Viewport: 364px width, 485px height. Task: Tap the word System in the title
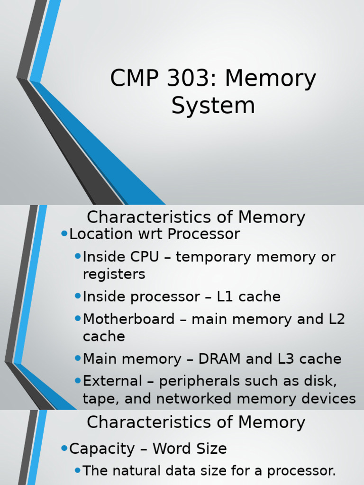213,106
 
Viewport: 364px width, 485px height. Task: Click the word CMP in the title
131,79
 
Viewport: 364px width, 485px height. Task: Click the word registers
114,274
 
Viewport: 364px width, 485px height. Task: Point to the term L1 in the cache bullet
225,297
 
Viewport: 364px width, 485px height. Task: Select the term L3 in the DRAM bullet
285,359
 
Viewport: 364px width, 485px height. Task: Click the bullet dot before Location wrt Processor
64,234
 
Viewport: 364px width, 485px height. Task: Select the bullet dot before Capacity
64,448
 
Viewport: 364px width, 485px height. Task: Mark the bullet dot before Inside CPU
78,256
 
